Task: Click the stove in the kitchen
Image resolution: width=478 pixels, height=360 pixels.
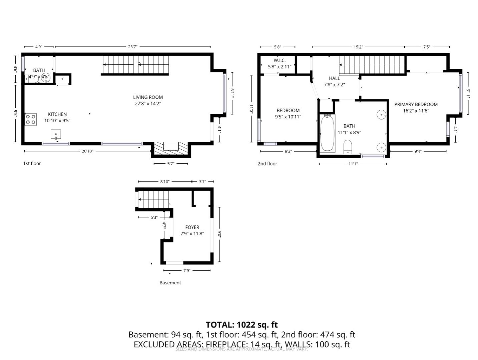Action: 31,119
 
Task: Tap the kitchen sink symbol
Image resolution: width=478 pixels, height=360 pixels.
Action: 56,134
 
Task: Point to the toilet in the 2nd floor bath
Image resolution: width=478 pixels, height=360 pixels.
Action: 348,147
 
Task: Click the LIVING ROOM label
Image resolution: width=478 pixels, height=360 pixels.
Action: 148,100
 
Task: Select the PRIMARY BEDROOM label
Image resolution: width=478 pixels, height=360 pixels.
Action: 416,107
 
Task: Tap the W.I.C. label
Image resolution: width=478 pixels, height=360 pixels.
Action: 280,63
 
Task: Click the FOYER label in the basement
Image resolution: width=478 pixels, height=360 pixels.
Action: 192,230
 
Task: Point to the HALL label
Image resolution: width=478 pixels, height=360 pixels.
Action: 334,81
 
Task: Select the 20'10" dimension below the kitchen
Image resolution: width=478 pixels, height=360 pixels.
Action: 87,151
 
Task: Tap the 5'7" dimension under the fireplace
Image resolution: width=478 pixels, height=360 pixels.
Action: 170,164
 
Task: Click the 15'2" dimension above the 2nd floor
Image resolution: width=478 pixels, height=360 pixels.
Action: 358,47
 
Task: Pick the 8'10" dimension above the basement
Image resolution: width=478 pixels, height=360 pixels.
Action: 165,182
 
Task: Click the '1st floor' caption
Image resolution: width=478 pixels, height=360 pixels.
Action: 32,163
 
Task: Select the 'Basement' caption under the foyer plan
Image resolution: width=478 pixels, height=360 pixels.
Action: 170,283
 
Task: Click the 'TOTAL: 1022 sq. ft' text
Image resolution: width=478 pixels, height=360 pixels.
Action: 242,325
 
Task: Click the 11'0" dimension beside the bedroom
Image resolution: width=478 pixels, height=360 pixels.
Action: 252,109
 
